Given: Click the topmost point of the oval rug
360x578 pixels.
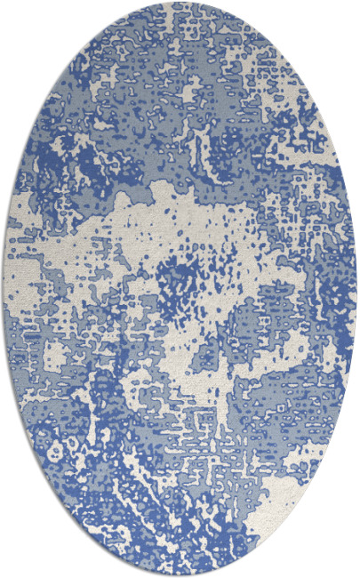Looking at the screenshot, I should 180,3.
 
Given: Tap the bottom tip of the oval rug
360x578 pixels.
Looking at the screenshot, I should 180,574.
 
